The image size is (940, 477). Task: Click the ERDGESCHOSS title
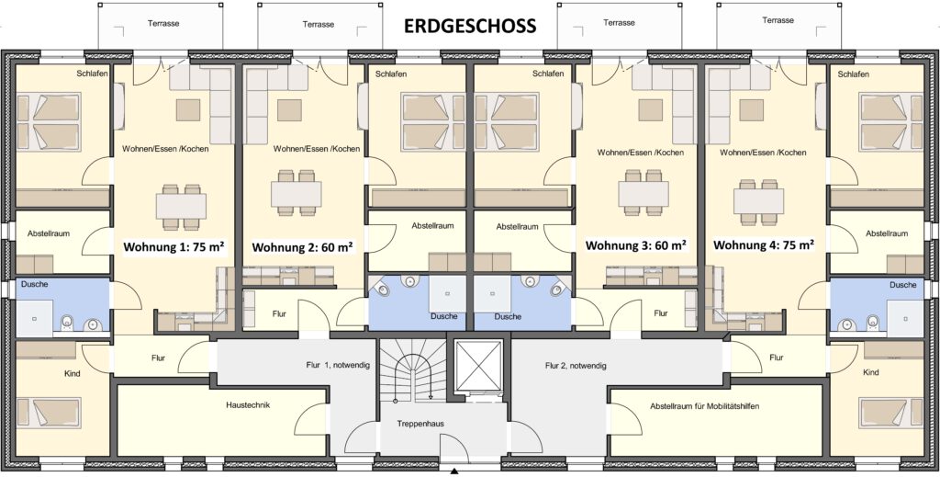click(x=469, y=26)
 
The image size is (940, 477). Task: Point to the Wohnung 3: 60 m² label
click(x=635, y=244)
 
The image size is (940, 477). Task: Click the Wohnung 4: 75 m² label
click(x=763, y=244)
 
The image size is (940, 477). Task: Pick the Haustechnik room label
click(x=248, y=405)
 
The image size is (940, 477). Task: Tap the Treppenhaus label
click(x=420, y=424)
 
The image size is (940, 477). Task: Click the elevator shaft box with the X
click(x=478, y=366)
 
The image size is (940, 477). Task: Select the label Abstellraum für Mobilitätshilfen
click(x=704, y=406)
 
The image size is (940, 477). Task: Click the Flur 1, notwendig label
click(x=338, y=365)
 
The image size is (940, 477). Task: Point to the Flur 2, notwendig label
click(x=576, y=365)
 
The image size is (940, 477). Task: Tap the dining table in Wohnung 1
click(x=181, y=207)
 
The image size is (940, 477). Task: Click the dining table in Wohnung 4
click(x=758, y=201)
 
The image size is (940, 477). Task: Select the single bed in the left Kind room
click(x=49, y=413)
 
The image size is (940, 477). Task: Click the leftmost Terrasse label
click(x=163, y=23)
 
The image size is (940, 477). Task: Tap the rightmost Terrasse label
click(x=778, y=20)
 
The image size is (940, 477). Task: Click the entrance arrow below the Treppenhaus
click(x=454, y=471)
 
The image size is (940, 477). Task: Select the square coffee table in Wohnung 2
click(x=289, y=109)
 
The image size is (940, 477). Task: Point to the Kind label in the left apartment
click(x=72, y=373)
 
